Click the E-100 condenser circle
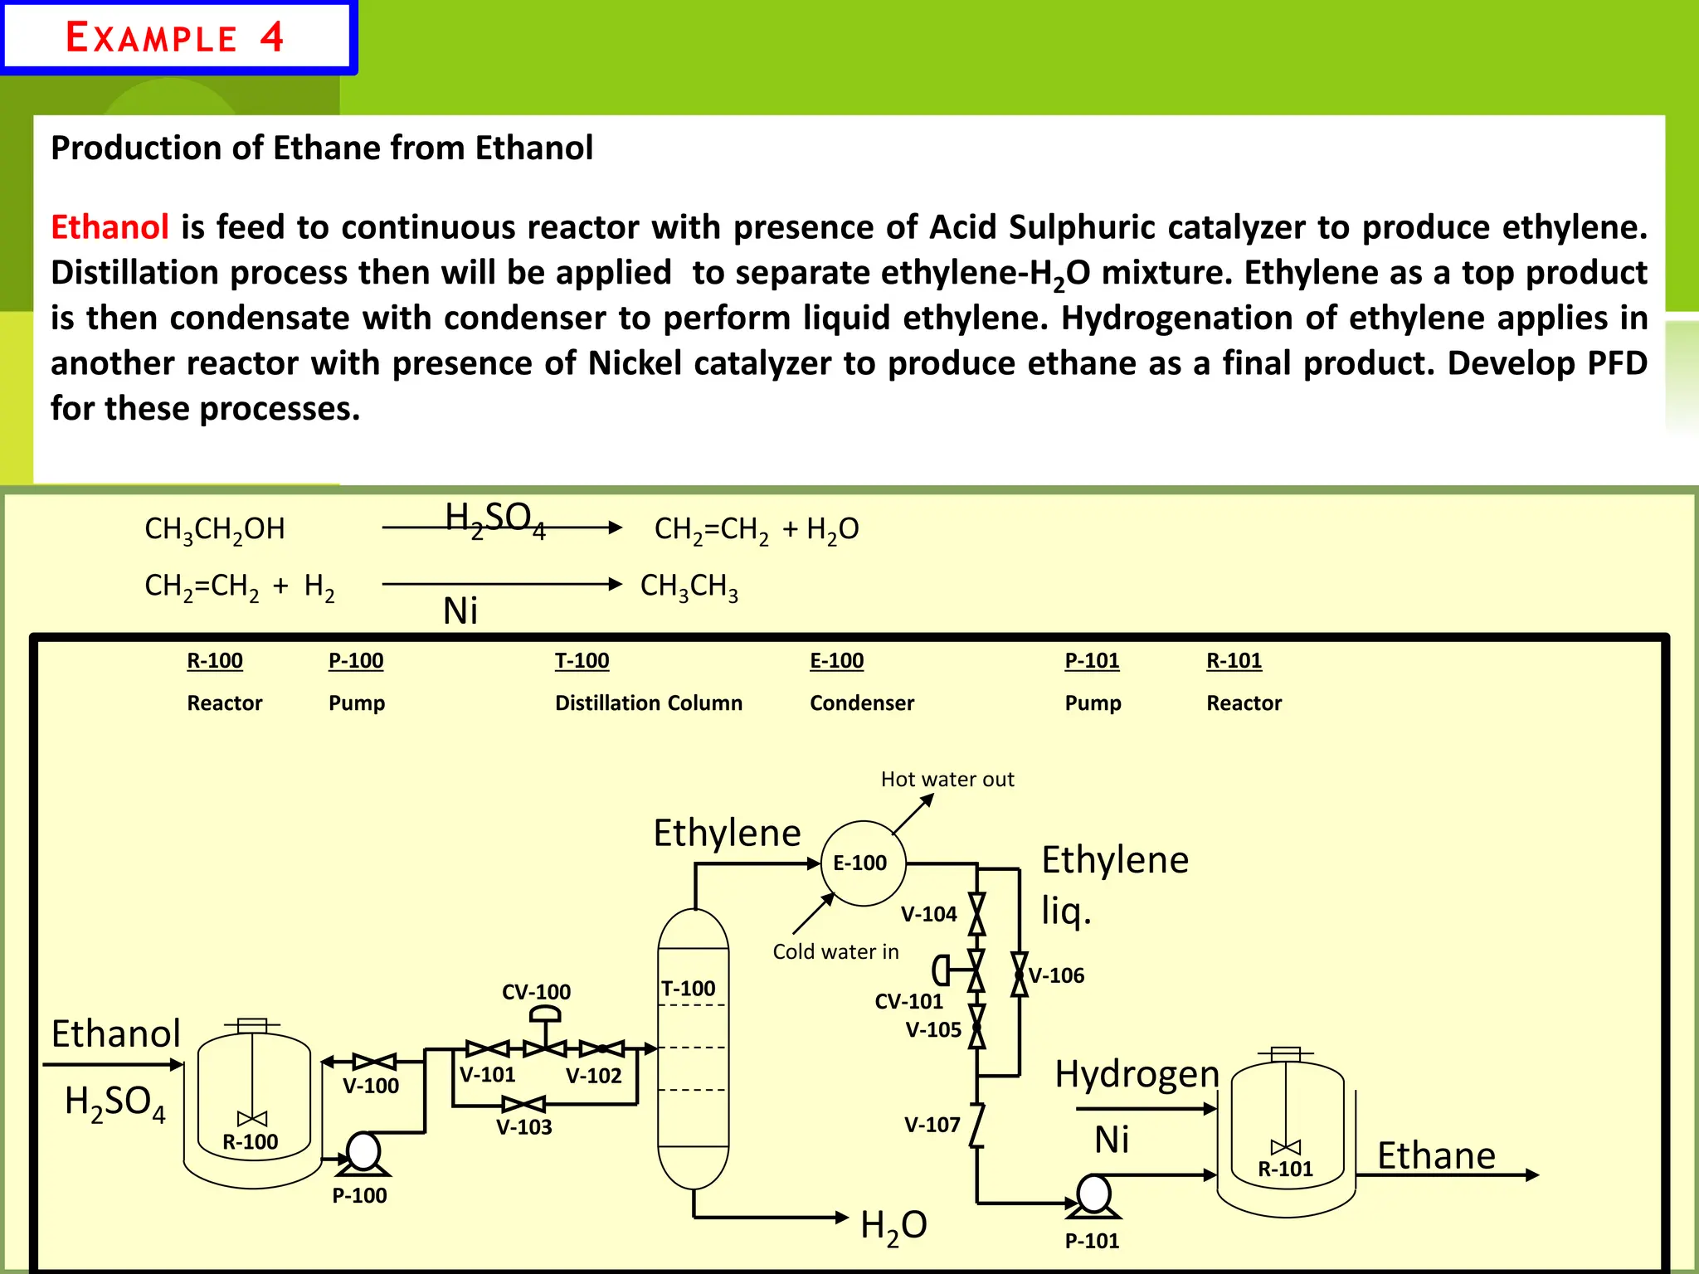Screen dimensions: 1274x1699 pos(863,863)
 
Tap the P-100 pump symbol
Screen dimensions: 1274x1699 pos(363,1153)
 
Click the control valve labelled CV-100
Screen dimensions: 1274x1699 pos(545,1037)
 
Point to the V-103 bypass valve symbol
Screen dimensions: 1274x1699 pos(523,1104)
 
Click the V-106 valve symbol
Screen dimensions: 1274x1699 pos(1020,975)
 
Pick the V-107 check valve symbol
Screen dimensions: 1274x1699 pos(977,1126)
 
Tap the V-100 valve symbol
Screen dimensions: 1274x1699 pos(374,1062)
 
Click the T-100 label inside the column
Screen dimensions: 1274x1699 pos(688,989)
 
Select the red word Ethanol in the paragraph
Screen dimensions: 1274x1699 pos(110,226)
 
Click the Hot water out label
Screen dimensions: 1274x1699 pos(947,779)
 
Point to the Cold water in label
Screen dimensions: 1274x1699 pos(835,951)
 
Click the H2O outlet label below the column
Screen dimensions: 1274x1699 pos(893,1225)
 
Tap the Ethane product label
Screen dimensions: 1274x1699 pos(1436,1155)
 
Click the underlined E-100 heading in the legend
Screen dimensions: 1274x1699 pos(836,660)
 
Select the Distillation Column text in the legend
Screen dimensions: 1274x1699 pos(648,703)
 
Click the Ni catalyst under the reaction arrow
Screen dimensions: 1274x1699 pos(460,611)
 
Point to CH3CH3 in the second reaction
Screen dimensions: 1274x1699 pos(689,586)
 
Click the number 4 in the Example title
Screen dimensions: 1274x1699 pos(271,37)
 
